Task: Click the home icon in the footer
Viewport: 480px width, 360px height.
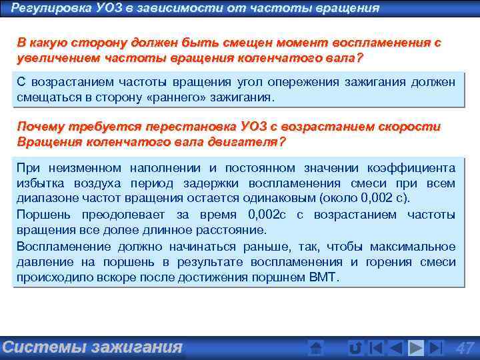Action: click(x=317, y=347)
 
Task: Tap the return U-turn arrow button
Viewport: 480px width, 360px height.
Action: click(x=355, y=347)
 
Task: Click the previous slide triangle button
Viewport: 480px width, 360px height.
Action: click(x=395, y=347)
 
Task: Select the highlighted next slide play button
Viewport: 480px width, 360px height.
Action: click(x=416, y=347)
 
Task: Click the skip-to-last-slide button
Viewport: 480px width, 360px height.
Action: click(x=436, y=347)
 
